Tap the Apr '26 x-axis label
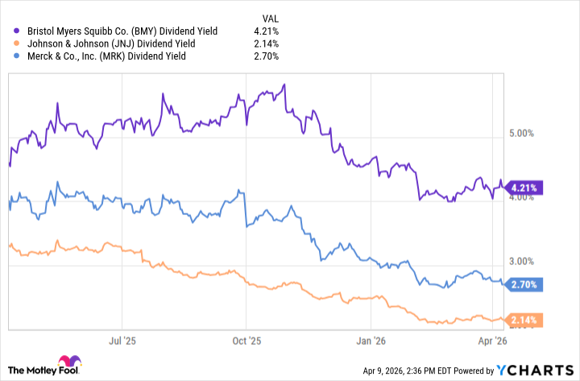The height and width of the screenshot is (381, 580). (x=493, y=342)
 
